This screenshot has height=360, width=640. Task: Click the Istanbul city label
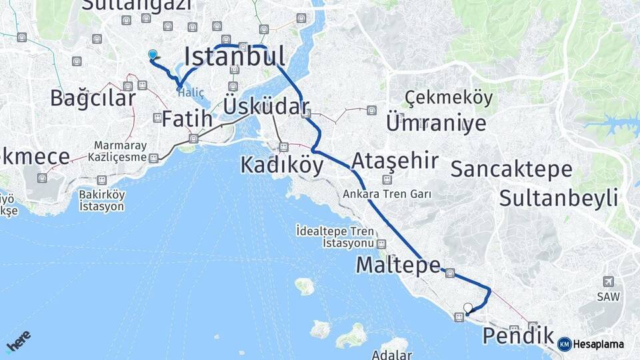(x=235, y=57)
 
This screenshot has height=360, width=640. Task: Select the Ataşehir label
(x=395, y=161)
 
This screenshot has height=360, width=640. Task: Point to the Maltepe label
(x=397, y=265)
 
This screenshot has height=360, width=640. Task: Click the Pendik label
(x=517, y=335)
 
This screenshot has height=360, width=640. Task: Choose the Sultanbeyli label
(x=558, y=197)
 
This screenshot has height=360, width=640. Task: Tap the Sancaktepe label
(x=511, y=169)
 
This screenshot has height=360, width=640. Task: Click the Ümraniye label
(x=436, y=123)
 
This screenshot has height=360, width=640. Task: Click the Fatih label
(x=187, y=120)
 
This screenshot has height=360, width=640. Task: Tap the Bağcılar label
(x=93, y=98)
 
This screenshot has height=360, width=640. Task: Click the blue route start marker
(x=153, y=55)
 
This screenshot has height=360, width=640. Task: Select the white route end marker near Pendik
(x=468, y=308)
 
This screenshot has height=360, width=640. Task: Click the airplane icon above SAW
(x=607, y=281)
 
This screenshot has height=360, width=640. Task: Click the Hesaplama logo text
(x=598, y=344)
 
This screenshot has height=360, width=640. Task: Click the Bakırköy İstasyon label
(x=101, y=200)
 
